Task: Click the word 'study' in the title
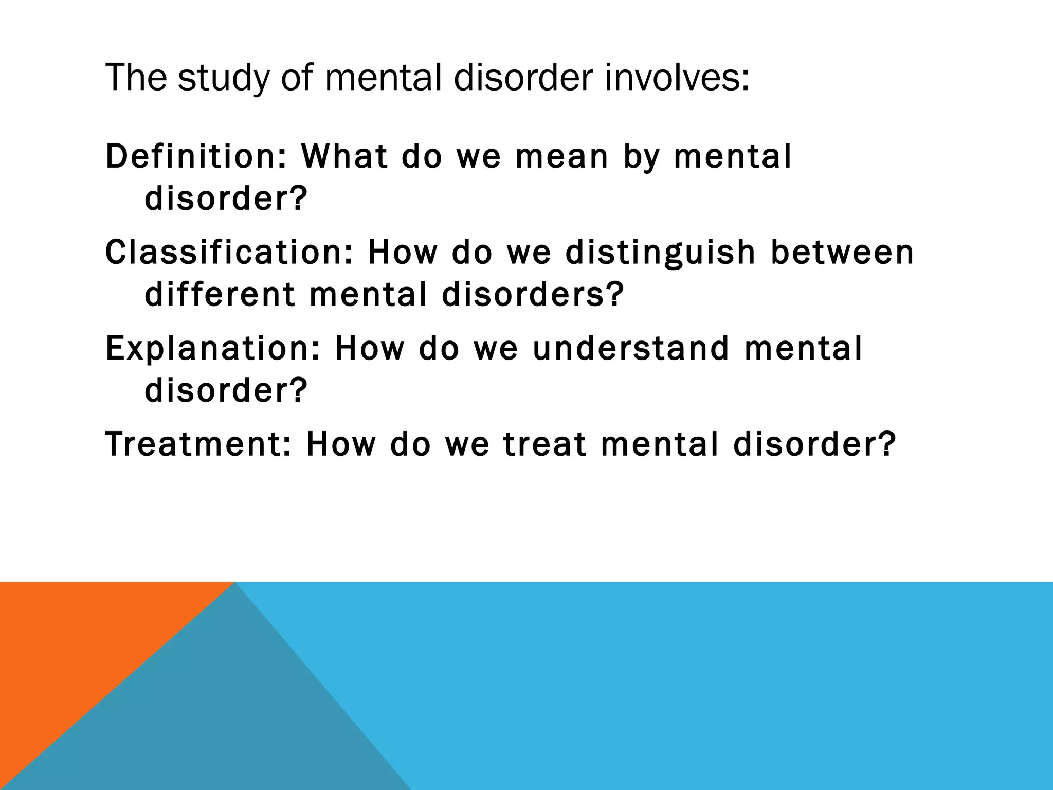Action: point(223,78)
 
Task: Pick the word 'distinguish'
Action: point(660,253)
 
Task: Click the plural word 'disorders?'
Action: point(533,295)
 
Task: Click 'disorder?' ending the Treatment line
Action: point(814,444)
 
